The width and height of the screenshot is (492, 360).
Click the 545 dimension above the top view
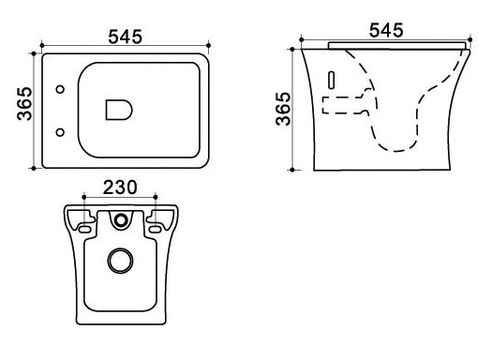(126, 37)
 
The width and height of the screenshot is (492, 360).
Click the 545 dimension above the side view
(386, 30)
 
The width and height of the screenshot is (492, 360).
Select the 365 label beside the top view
(24, 104)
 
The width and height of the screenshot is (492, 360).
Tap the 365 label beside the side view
(283, 109)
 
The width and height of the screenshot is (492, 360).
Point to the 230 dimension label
(120, 187)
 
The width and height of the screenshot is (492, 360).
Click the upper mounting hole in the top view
(60, 89)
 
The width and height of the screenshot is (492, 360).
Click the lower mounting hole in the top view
(60, 132)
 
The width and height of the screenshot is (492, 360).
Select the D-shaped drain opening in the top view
(119, 111)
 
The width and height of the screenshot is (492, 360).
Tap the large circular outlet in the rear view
(121, 261)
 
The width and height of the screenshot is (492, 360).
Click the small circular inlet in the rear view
(121, 219)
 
